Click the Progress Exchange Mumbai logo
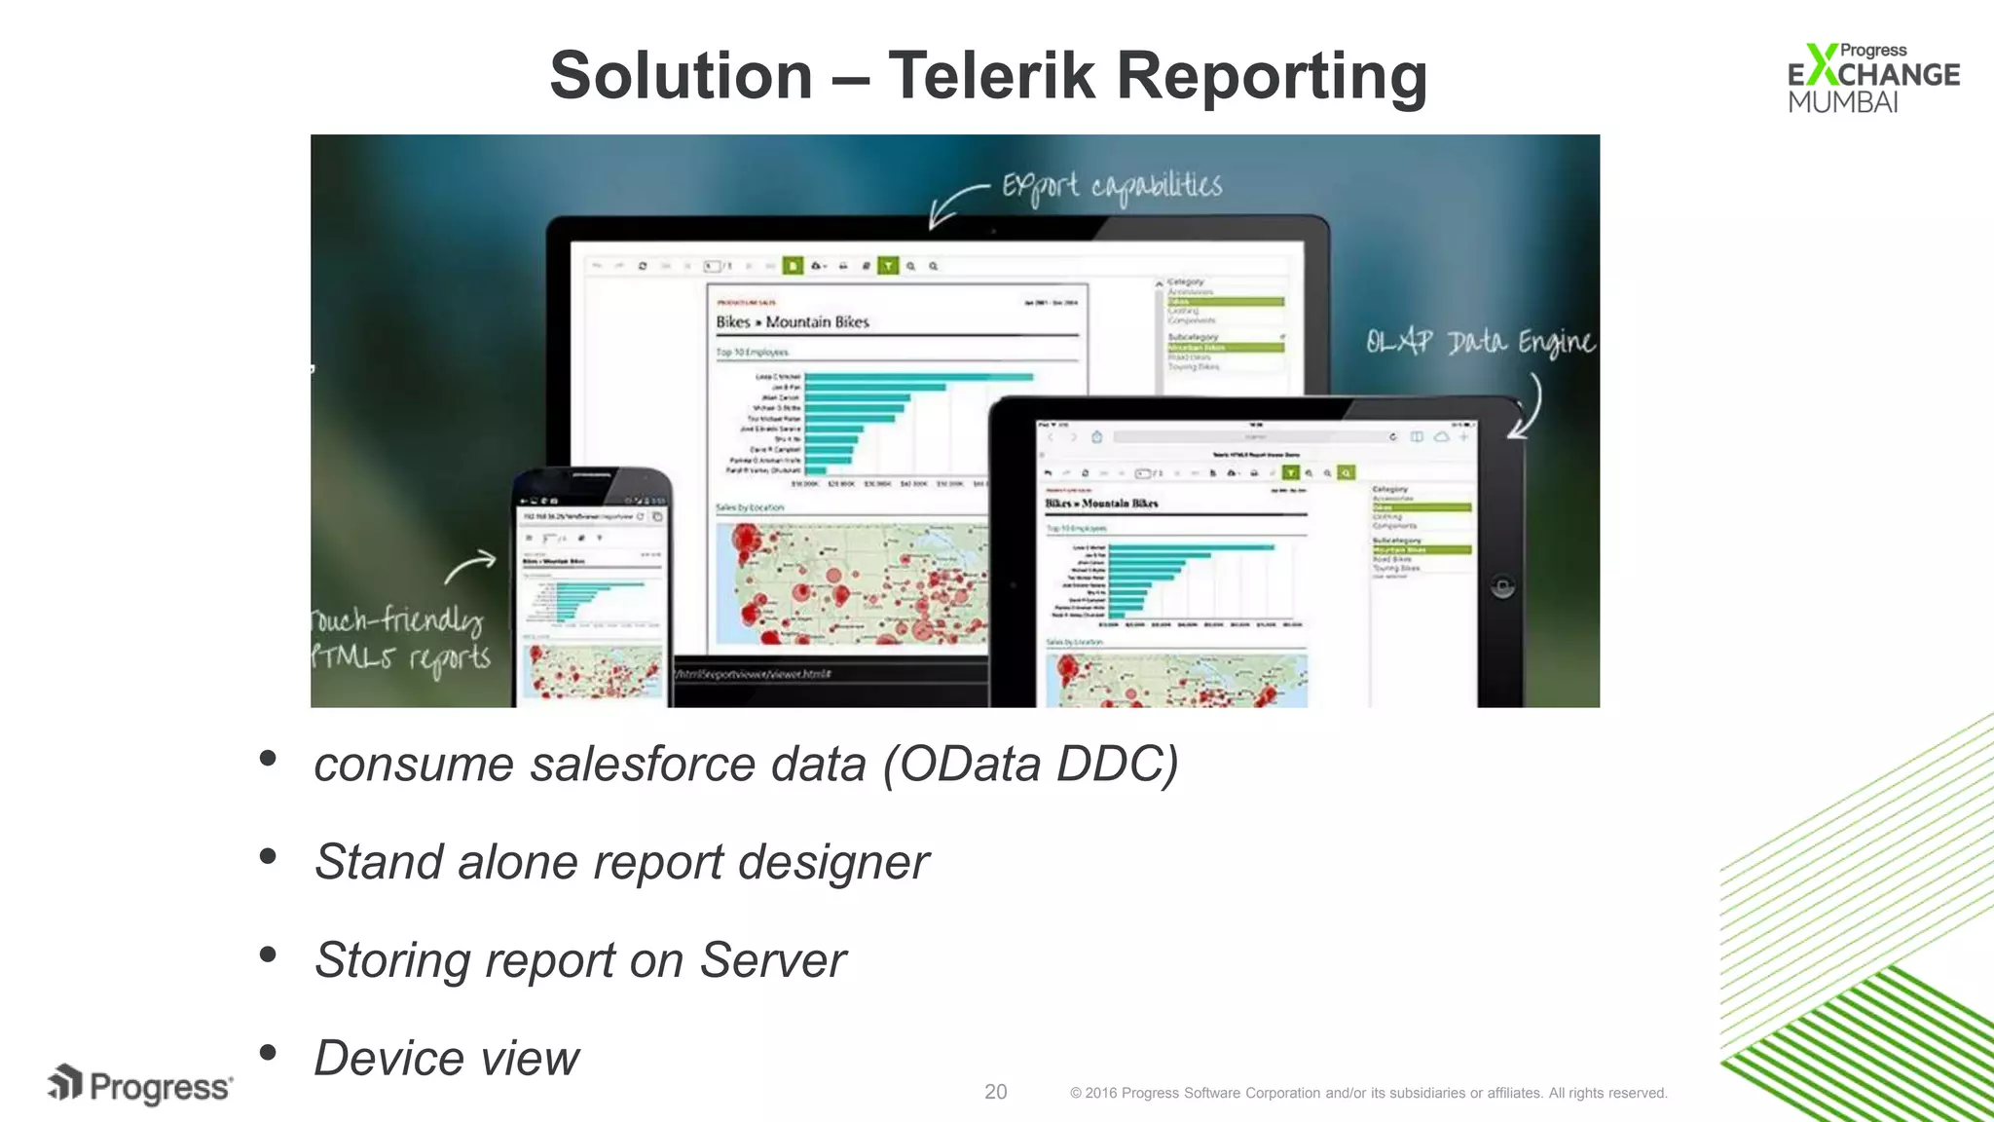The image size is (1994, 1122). click(1872, 78)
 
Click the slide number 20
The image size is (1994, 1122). click(995, 1092)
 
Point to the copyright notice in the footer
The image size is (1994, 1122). click(1368, 1093)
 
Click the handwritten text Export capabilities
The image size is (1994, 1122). click(1112, 185)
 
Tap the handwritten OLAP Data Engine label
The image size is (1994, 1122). click(1479, 342)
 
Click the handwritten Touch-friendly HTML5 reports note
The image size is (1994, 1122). click(399, 638)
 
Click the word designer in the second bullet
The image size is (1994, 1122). click(832, 862)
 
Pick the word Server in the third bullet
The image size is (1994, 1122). click(773, 960)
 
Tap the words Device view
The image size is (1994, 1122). click(446, 1059)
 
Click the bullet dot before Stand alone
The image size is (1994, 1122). click(268, 857)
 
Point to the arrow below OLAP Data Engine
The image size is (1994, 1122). click(1527, 409)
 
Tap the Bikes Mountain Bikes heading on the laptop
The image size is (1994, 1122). click(792, 322)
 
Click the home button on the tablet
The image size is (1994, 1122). click(1502, 586)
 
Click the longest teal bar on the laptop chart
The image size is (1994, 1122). click(918, 377)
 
